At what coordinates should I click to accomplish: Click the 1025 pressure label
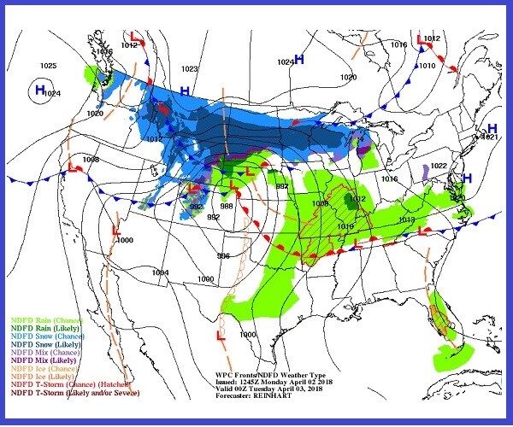48,66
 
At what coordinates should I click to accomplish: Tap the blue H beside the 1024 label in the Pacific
39,88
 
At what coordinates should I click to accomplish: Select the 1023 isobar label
190,69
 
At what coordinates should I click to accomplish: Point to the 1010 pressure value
426,66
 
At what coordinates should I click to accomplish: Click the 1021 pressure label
490,137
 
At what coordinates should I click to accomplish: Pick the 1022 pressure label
439,166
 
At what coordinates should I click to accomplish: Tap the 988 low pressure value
227,206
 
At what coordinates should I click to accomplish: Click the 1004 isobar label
160,272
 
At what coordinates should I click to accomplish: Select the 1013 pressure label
407,219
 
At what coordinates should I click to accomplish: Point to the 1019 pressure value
346,226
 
